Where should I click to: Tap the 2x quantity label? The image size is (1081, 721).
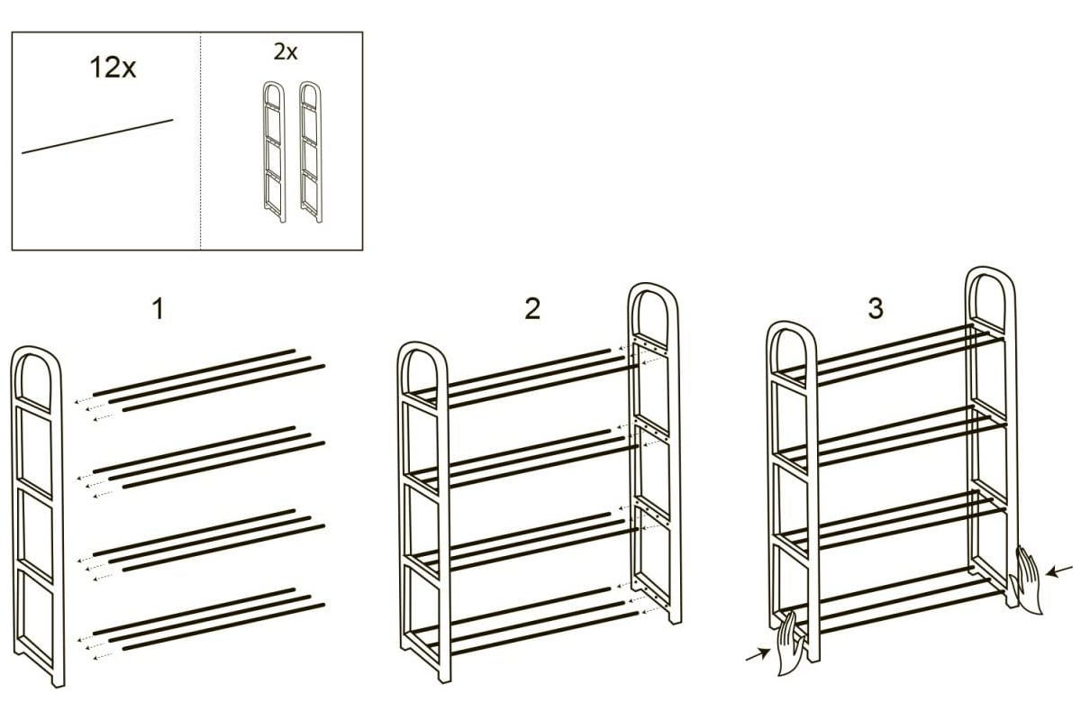click(286, 52)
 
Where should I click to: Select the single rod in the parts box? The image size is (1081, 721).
click(97, 137)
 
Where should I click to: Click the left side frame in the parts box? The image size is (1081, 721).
click(274, 151)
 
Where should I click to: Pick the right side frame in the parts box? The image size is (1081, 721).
click(310, 151)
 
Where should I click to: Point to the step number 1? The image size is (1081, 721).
click(159, 309)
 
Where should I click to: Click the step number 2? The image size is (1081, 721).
click(532, 308)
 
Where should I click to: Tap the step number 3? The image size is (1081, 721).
click(876, 308)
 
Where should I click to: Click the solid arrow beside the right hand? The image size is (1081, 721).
click(1058, 571)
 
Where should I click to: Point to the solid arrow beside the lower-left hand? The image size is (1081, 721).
click(758, 654)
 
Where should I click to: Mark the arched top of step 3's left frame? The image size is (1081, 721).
click(792, 325)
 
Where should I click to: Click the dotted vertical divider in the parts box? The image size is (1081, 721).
click(200, 141)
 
